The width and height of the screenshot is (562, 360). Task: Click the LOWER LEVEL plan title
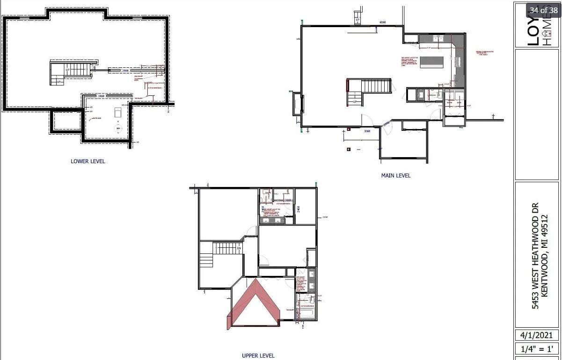88,161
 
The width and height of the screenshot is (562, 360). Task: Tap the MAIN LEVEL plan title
396,176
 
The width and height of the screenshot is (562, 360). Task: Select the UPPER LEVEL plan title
258,356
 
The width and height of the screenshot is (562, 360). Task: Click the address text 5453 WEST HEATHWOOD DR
535,256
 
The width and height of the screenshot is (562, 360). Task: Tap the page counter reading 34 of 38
543,10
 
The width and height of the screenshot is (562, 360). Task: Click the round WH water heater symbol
118,128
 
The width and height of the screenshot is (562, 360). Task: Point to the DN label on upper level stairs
239,248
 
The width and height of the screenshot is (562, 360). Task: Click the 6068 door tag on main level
382,22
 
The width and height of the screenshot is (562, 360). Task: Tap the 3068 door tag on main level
367,131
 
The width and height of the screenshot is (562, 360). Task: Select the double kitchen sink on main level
438,39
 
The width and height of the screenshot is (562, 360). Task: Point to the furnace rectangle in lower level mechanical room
118,112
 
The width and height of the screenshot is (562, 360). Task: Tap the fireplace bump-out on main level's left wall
298,103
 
